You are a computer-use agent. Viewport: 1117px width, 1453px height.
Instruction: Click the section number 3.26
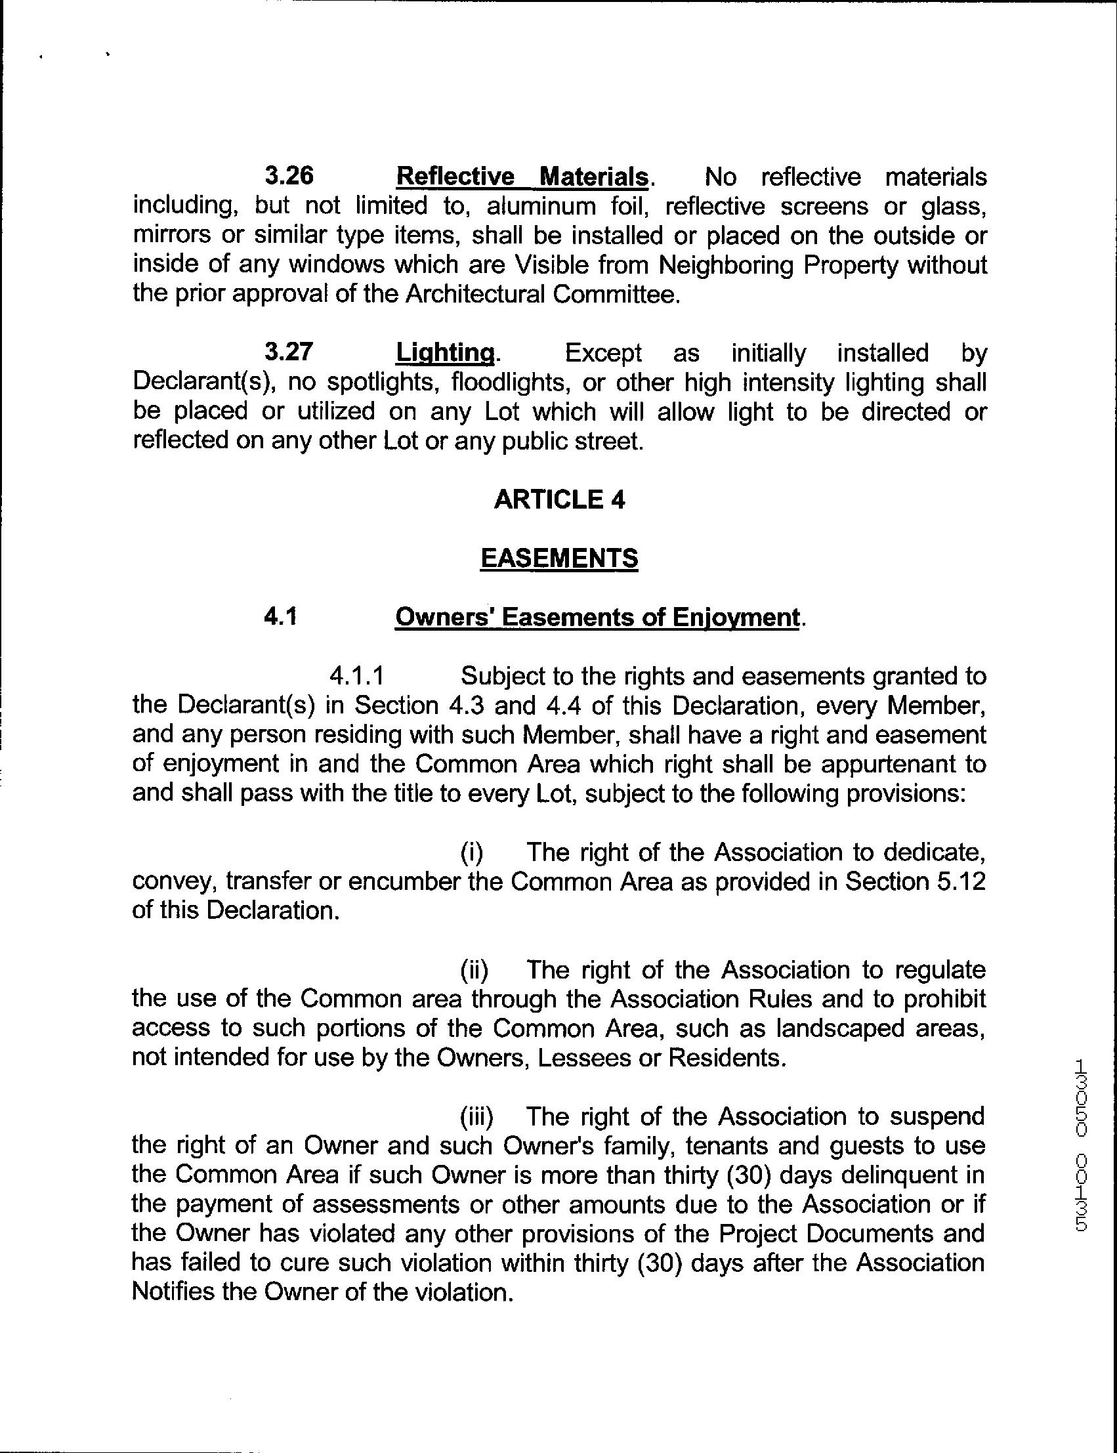click(289, 177)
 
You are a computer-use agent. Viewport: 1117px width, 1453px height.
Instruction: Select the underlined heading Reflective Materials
click(521, 177)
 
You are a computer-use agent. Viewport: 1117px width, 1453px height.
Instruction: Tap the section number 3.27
click(288, 352)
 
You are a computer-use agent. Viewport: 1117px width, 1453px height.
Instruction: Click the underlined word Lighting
click(445, 353)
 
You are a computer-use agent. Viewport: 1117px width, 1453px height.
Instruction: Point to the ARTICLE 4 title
click(559, 499)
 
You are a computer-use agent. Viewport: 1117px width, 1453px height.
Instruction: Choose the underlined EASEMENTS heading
click(559, 558)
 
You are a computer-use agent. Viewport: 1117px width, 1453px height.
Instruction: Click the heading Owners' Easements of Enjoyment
click(597, 618)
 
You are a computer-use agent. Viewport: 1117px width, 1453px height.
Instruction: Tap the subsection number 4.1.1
click(357, 676)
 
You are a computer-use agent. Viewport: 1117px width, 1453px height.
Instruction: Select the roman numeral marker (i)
click(472, 852)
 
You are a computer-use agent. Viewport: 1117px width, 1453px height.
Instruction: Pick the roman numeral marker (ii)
click(474, 970)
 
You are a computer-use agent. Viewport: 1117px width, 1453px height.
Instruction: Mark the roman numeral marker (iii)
click(477, 1117)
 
